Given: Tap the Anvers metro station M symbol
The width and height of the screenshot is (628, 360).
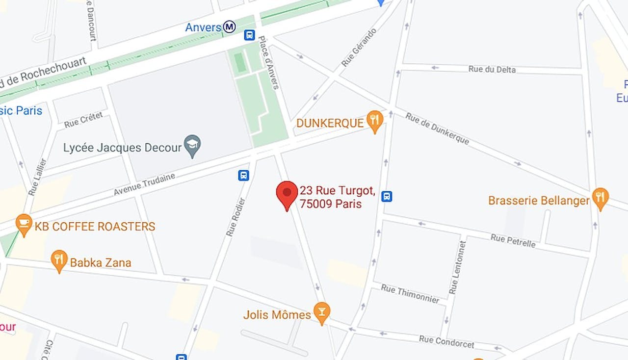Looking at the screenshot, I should [x=229, y=27].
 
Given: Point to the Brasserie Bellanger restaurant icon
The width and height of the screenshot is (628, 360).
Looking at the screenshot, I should [x=600, y=198].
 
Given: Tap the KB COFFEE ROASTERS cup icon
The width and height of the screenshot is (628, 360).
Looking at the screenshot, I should [x=23, y=224].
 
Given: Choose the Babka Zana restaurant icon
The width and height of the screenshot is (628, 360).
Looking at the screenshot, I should [x=59, y=260].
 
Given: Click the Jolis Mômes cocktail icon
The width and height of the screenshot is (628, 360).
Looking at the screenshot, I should [x=321, y=312].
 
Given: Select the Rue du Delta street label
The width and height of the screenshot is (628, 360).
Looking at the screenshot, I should [x=492, y=69].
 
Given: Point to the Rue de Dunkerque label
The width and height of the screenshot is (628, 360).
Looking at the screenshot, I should [x=437, y=129].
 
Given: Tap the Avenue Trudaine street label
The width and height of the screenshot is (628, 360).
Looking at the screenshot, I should [x=144, y=184].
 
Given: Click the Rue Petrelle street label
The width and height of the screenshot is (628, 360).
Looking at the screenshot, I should [x=513, y=240].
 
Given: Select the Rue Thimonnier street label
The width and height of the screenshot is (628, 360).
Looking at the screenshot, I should [x=410, y=293].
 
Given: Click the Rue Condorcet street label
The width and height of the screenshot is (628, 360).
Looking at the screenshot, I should [x=446, y=341].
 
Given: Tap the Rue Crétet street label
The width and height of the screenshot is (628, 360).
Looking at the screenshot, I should [x=83, y=119].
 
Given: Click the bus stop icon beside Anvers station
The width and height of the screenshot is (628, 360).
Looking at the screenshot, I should [x=249, y=35].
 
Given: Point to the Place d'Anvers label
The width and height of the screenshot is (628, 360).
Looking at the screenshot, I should [x=269, y=62].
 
